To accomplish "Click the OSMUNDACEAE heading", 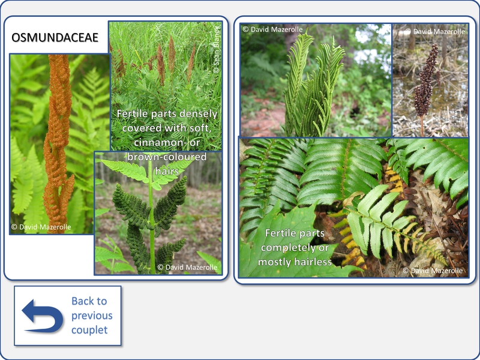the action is (x=55, y=37).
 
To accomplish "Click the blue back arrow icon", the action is (x=43, y=316).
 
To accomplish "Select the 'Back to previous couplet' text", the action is (x=92, y=316).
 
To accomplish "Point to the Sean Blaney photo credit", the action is (x=217, y=50).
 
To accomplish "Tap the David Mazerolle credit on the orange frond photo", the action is (x=41, y=227).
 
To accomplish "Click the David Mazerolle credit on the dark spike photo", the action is (x=435, y=32).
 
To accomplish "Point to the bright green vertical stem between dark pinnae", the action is (x=151, y=214).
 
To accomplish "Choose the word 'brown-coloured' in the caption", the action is (x=167, y=157).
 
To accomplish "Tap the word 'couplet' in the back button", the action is (x=89, y=330).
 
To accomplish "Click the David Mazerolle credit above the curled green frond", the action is (x=272, y=29).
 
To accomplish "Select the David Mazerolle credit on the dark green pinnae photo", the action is (x=187, y=267).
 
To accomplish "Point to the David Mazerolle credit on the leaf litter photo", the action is (x=433, y=271).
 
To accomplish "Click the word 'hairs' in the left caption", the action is (x=167, y=171).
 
